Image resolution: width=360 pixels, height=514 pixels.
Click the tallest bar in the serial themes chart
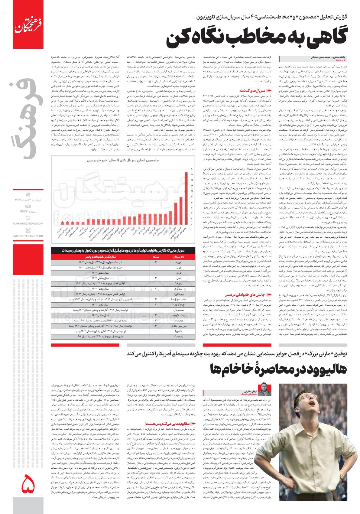[185, 200]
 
